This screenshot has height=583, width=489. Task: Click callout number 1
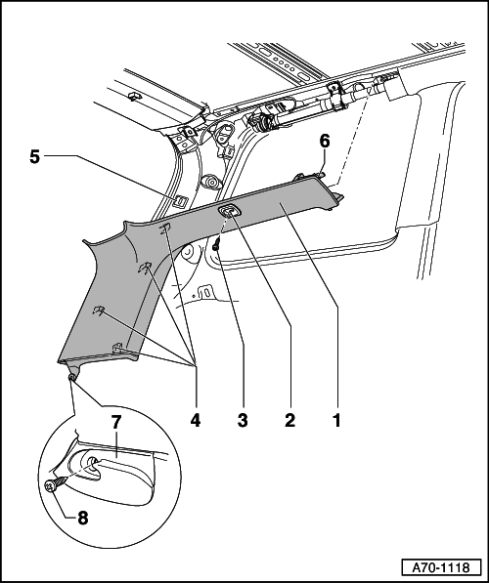(336, 421)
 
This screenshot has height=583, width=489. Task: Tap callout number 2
(289, 421)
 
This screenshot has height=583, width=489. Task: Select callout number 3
(243, 421)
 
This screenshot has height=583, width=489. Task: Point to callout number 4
(196, 421)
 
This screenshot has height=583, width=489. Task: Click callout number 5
(34, 157)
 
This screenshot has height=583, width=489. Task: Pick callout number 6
(325, 142)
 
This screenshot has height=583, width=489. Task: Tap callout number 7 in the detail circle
(115, 422)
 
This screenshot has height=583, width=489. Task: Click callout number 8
(83, 518)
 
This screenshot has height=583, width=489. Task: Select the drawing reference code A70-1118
(440, 567)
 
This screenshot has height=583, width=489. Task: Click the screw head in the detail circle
(50, 485)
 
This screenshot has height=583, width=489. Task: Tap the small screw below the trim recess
(216, 245)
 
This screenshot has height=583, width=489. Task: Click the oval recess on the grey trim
(229, 212)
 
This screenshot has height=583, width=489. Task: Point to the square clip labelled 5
(181, 201)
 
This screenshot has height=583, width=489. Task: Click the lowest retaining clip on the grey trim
(118, 348)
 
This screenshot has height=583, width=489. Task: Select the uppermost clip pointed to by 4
(165, 229)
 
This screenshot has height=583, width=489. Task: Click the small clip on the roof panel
(134, 97)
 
